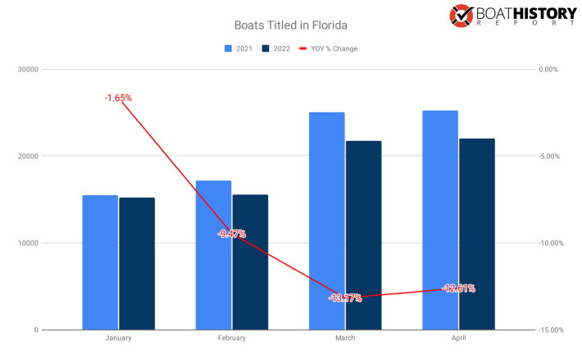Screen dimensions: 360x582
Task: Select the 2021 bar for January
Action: pos(100,262)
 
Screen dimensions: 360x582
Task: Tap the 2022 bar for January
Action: pos(136,263)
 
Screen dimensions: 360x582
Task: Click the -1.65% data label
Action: pos(118,98)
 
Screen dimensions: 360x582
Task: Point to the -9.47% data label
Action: pos(231,235)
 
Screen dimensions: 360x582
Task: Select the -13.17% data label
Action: pos(345,298)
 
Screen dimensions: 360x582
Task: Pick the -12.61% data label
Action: pos(458,288)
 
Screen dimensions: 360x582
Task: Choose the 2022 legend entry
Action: pos(275,48)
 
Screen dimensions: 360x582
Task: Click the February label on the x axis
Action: pos(231,338)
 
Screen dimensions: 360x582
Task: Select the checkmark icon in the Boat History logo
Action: pos(461,15)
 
